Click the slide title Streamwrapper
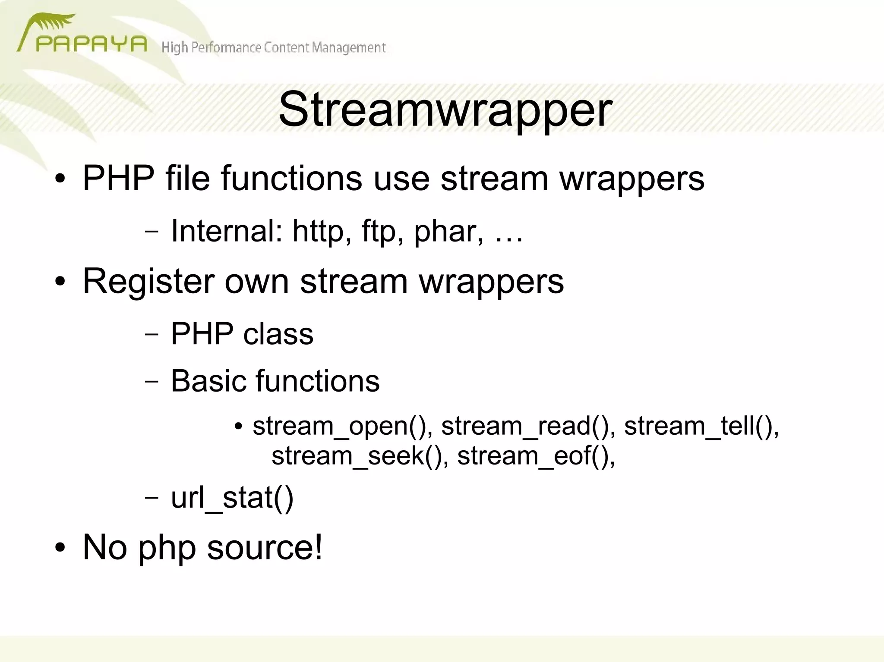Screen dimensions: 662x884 point(445,110)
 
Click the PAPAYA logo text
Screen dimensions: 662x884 point(91,44)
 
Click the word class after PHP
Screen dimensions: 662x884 point(278,334)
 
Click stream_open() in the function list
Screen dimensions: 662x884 point(343,426)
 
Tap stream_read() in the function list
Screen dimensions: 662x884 point(526,426)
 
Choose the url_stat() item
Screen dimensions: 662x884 point(232,499)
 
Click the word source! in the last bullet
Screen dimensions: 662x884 point(265,547)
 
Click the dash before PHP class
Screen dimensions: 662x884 point(152,334)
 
